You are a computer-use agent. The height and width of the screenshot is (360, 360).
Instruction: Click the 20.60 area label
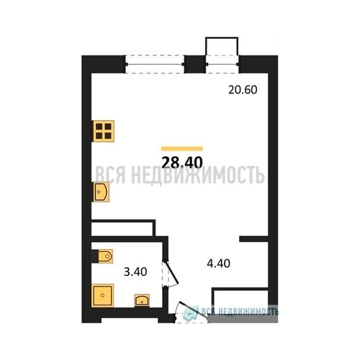point(243,90)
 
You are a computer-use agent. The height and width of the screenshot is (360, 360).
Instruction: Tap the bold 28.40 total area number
point(182,163)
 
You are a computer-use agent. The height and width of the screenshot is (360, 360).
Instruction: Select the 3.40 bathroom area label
point(135,272)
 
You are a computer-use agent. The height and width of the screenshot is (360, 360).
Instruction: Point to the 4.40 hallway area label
point(218,264)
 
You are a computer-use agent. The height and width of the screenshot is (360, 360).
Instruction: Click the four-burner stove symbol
point(104,131)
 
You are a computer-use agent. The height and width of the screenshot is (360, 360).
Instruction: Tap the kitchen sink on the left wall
point(101,192)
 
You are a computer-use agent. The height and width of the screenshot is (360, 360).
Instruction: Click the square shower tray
point(102,295)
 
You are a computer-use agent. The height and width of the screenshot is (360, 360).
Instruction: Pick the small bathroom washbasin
point(142,300)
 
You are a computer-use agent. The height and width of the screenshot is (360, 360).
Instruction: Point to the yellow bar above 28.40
point(182,149)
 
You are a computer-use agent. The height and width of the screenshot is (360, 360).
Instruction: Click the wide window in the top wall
point(155,64)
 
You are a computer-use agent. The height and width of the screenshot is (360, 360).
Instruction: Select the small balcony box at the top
point(222,46)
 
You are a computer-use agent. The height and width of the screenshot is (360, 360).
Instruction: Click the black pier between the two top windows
point(195,64)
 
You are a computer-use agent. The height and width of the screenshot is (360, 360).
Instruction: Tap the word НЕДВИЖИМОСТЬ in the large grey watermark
point(198,176)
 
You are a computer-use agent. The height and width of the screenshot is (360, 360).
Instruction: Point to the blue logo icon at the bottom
point(191,313)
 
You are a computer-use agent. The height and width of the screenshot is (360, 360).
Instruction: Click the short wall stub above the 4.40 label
point(253,239)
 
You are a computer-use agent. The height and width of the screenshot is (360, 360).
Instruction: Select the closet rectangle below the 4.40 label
point(240,300)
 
